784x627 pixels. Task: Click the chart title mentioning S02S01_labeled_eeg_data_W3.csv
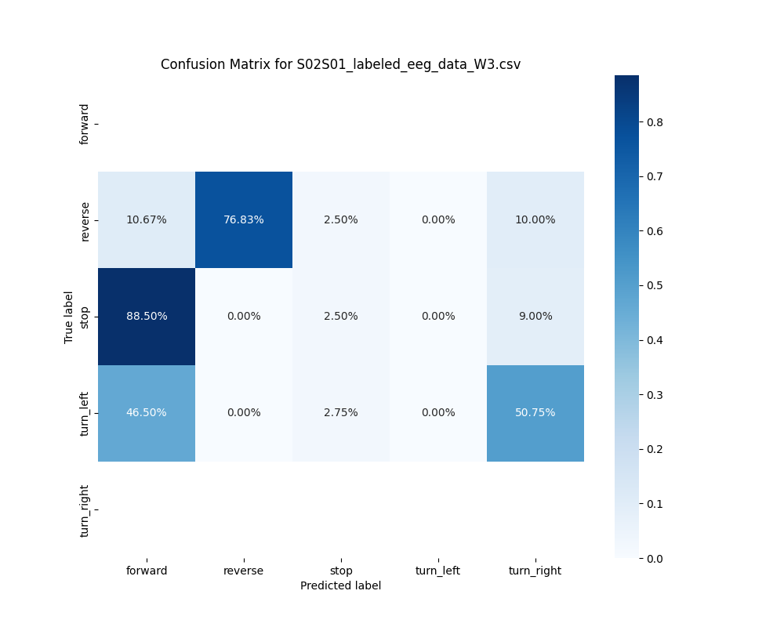(x=340, y=64)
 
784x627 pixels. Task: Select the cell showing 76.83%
(x=243, y=219)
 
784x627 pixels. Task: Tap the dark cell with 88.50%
(x=146, y=316)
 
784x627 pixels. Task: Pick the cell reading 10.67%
(x=146, y=219)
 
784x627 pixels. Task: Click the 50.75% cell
(x=535, y=412)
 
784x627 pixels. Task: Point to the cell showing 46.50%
(x=146, y=412)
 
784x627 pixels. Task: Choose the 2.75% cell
(x=340, y=412)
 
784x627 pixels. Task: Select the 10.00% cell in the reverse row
(x=535, y=219)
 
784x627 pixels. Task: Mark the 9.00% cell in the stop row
(x=535, y=316)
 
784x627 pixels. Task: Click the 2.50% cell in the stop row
(x=340, y=316)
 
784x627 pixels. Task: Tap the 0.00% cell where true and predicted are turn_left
(x=437, y=412)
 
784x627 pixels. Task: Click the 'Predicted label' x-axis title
(x=340, y=585)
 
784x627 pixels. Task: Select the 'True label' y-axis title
(x=69, y=317)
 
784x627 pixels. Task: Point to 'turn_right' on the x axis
(x=535, y=571)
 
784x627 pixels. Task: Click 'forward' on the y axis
(x=85, y=124)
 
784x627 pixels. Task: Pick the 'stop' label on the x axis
(x=340, y=571)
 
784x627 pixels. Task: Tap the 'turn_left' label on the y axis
(x=85, y=413)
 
